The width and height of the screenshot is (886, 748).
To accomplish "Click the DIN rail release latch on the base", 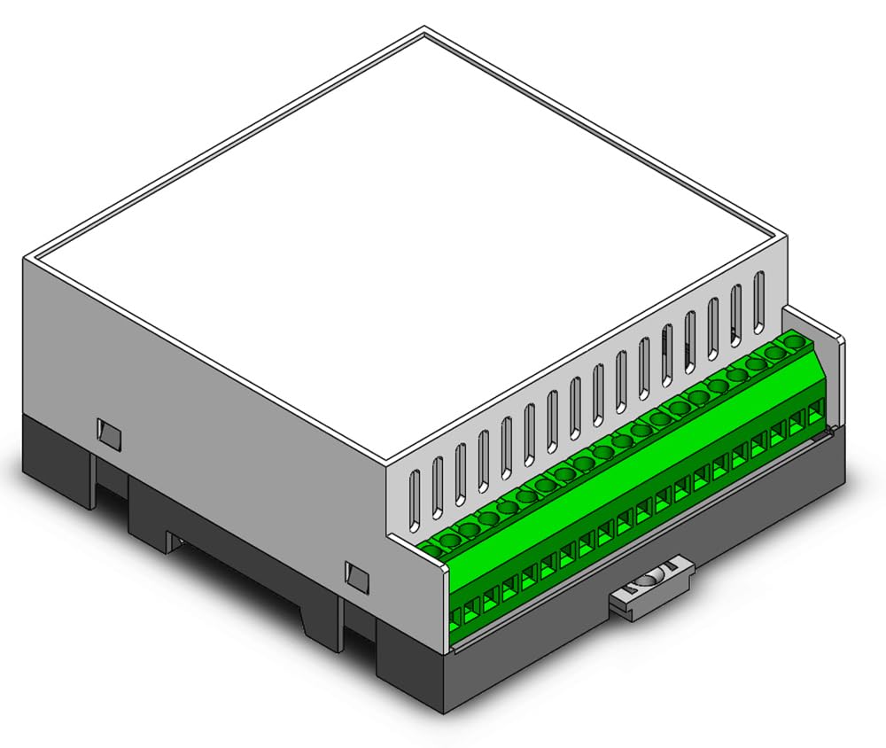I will click(651, 589).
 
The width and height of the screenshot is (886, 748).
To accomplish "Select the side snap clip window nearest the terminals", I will click(358, 576).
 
